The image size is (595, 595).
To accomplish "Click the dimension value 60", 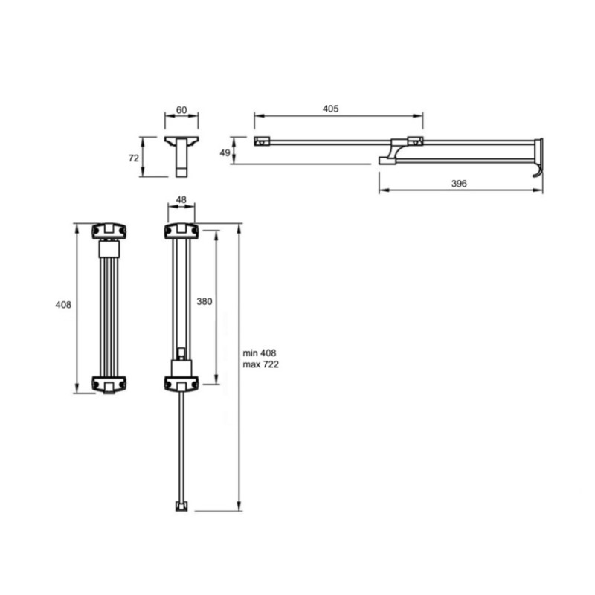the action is point(181,109).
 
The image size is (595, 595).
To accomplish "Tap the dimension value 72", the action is point(134,158).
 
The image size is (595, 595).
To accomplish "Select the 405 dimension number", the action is point(330,109).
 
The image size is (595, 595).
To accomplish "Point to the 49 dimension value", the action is point(225,152).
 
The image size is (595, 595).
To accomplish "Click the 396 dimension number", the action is point(459,184).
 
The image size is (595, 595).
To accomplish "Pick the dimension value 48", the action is point(181,199).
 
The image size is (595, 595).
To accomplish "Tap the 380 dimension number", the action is point(204,301).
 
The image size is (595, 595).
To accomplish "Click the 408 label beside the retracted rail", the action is point(63,305).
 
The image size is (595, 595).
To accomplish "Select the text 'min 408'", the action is point(260,353).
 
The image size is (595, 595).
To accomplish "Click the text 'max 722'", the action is point(261,364).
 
